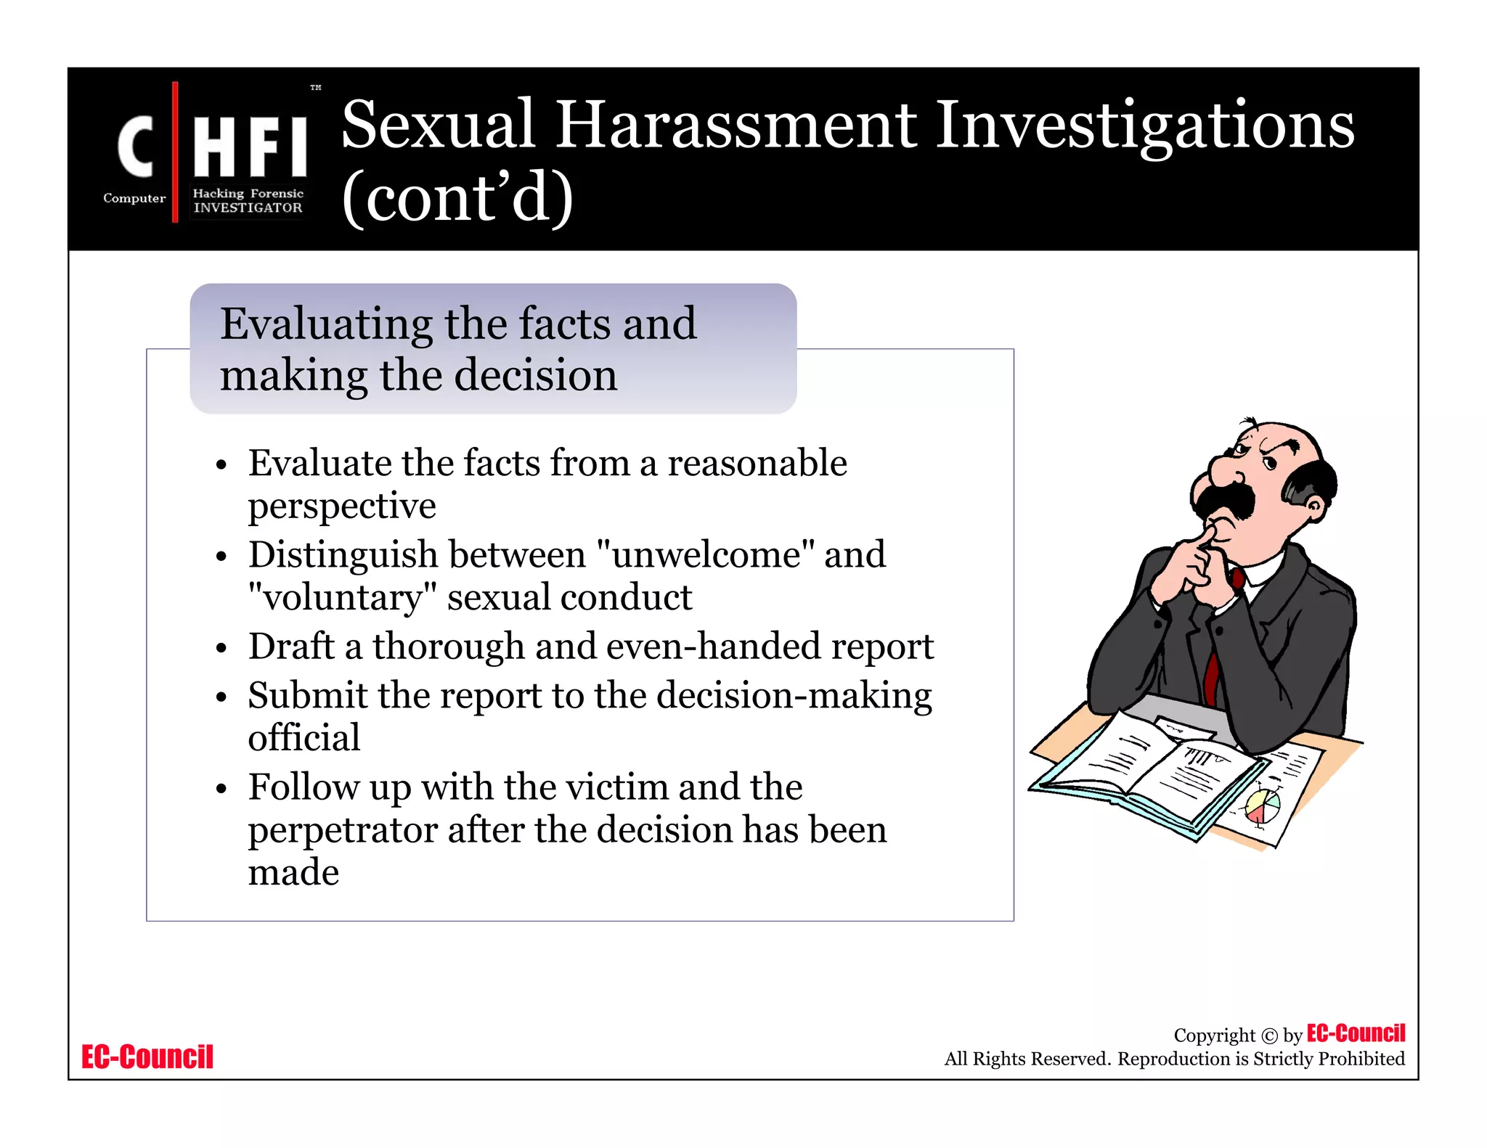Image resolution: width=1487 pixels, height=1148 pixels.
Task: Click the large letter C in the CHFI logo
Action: pos(136,147)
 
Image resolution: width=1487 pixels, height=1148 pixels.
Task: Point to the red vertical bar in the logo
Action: pos(175,152)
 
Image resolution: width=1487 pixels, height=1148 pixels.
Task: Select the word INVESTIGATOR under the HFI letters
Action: pos(248,208)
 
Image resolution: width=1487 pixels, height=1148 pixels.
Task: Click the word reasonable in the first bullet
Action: pos(757,463)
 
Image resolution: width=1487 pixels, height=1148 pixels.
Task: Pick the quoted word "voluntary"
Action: pos(342,597)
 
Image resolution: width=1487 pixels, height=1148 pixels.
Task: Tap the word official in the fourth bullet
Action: pos(304,737)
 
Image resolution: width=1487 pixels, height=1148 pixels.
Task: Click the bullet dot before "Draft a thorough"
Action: pos(221,648)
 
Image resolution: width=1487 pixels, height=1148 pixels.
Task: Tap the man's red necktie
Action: pos(1211,675)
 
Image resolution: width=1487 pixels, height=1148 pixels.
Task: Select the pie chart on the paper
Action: pos(1263,805)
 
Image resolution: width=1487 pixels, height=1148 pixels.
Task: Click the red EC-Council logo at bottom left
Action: pos(147,1057)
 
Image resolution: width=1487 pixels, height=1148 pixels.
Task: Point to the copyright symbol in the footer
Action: pos(1269,1036)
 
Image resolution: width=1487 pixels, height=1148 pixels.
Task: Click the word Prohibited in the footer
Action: pos(1361,1059)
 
